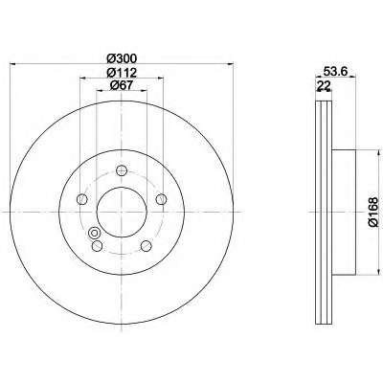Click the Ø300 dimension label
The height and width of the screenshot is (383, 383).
click(122, 58)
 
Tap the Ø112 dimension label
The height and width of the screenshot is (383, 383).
click(122, 73)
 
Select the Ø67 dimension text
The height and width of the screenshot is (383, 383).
click(122, 85)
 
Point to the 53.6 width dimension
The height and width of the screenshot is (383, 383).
click(335, 71)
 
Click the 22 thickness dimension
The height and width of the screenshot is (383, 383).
click(324, 85)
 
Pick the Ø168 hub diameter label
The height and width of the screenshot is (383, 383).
click(372, 212)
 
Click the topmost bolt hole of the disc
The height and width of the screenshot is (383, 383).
click(122, 170)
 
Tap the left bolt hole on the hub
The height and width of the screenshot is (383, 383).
click(82, 199)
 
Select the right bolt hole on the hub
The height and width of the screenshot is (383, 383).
click(161, 199)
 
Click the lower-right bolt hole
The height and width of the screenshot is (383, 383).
click(146, 246)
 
